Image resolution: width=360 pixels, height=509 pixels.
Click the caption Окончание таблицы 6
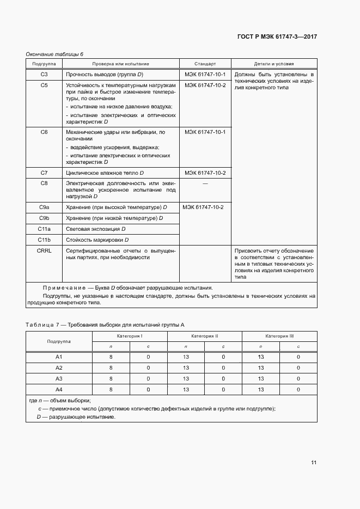tap(54, 54)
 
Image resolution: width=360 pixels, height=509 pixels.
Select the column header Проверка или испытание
tap(120, 64)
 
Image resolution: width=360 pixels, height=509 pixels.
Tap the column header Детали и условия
tap(274, 64)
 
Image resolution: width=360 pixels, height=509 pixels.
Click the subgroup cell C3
tap(44, 74)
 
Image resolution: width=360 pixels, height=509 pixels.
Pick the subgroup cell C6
tap(44, 132)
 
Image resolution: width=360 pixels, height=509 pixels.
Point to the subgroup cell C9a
tap(44, 207)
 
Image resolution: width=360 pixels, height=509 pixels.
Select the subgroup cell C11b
tap(44, 240)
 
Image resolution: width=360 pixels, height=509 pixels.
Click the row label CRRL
tap(44, 250)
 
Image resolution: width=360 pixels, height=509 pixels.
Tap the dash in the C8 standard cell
tap(205, 184)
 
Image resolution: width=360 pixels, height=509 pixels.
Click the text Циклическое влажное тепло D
tap(105, 173)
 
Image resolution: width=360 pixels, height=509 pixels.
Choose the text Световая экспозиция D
tap(95, 229)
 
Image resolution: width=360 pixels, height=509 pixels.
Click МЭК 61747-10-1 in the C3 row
tap(205, 74)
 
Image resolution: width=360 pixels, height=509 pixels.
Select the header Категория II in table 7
tap(205, 336)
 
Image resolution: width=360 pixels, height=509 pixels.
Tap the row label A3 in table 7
tap(59, 378)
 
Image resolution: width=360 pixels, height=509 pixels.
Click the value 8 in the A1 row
tap(111, 357)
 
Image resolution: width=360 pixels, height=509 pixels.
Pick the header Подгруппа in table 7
tap(59, 341)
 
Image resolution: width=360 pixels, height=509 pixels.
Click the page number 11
tap(314, 462)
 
